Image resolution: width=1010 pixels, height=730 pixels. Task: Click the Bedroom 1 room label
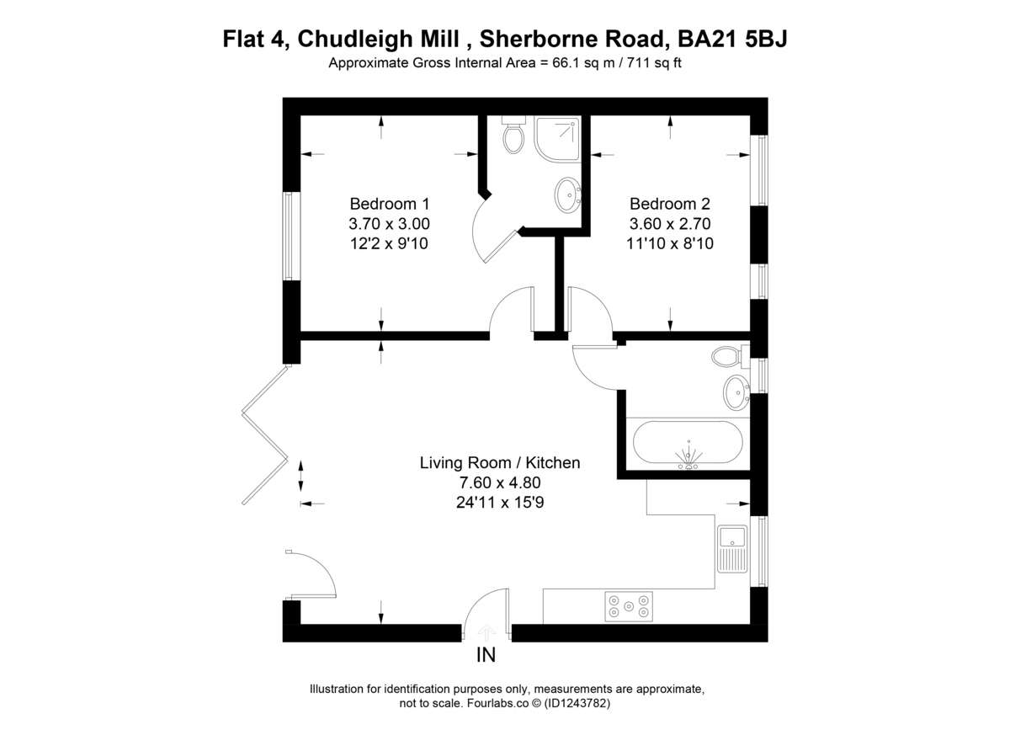coord(390,204)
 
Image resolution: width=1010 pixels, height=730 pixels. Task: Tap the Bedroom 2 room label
coord(670,204)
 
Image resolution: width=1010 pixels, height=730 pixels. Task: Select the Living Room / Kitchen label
coord(500,463)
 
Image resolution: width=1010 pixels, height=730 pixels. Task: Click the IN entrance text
coord(486,655)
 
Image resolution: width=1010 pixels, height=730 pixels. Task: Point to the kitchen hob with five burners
coord(629,606)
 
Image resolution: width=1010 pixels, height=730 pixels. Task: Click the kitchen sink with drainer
coord(733,549)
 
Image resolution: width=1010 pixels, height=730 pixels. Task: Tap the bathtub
coord(688,442)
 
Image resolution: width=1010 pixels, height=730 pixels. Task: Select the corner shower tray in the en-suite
coord(557,139)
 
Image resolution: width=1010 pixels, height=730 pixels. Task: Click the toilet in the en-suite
coord(513,134)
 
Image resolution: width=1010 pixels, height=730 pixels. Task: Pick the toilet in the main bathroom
coord(731,356)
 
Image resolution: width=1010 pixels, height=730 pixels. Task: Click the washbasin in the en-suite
coord(567,194)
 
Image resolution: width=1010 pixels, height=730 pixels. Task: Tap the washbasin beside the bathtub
coord(736,392)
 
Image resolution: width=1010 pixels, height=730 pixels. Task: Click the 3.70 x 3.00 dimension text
coord(389,224)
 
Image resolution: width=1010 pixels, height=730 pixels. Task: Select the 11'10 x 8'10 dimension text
coord(670,243)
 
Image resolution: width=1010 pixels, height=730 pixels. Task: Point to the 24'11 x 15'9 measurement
coord(500,503)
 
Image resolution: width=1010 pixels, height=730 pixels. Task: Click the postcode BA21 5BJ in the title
coord(732,39)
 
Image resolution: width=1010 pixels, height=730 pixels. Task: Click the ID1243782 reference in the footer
coord(577,703)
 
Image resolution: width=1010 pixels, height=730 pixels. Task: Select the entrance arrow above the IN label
coord(486,632)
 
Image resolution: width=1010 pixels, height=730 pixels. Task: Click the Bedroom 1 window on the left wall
coord(292,237)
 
